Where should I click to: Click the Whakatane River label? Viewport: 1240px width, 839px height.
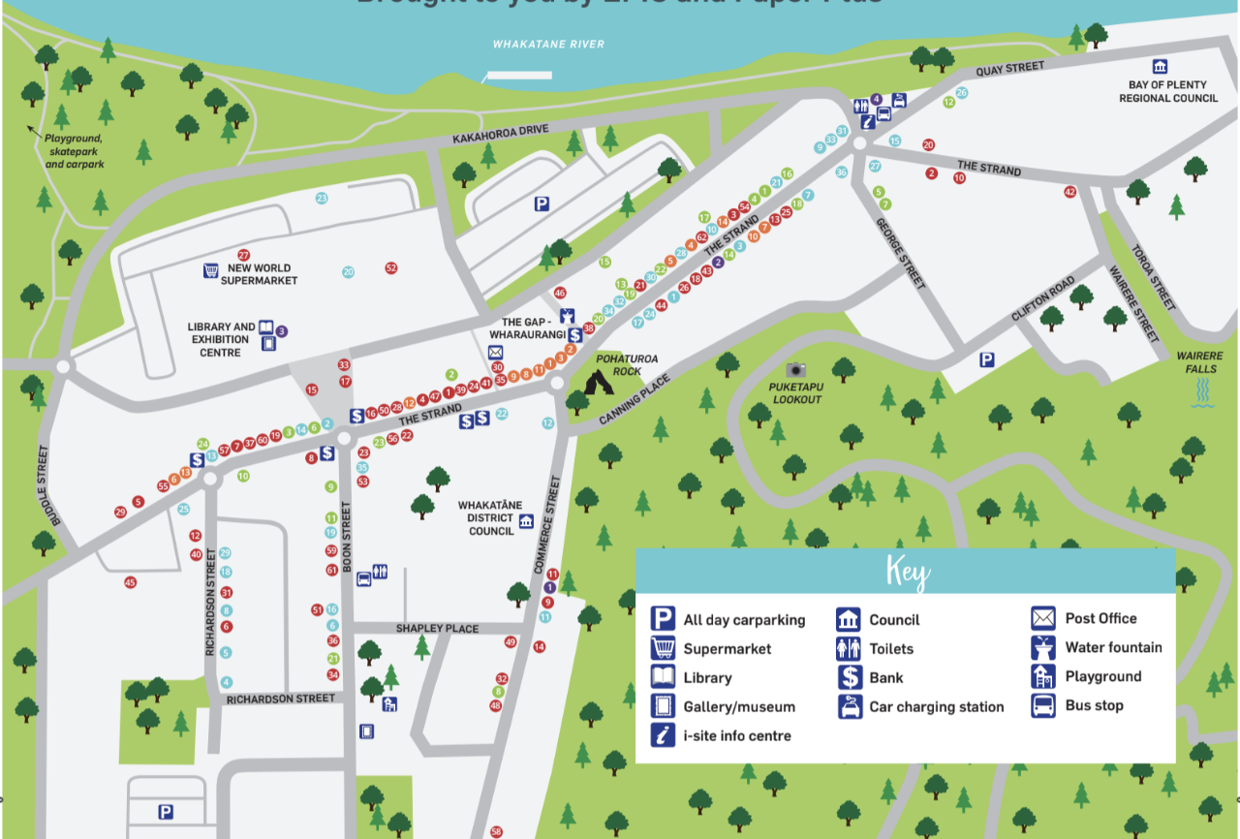coord(548,45)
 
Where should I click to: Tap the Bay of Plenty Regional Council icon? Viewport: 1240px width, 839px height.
coord(1160,66)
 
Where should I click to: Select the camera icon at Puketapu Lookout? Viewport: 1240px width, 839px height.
coord(796,369)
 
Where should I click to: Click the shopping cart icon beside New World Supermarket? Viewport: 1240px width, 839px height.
coord(210,270)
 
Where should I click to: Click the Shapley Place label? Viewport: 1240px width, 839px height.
coord(437,629)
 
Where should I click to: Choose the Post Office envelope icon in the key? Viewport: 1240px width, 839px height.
coord(1043,618)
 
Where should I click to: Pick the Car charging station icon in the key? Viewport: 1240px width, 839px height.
coord(850,707)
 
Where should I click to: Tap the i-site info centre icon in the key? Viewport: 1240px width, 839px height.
coord(663,736)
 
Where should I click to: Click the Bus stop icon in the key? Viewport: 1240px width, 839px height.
coord(1043,705)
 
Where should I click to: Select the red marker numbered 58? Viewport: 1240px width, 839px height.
coord(497,831)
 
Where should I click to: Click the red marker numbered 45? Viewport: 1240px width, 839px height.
coord(130,582)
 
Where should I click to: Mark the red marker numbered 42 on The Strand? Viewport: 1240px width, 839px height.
coord(1069,192)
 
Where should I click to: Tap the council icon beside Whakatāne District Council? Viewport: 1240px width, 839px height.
coord(526,521)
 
